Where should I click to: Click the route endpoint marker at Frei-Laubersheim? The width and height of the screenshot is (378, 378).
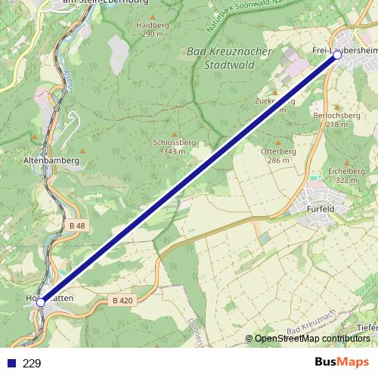coord(337,55)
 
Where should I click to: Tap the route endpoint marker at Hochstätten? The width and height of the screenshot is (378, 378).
coord(41,302)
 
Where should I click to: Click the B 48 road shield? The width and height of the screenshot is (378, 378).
coord(77,225)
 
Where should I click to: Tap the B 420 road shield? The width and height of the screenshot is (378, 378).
coord(122,300)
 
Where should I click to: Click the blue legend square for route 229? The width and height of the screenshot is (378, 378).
coord(10,363)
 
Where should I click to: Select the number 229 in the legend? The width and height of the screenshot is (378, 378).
coord(32,363)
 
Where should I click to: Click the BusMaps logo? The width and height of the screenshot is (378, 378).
coord(341,362)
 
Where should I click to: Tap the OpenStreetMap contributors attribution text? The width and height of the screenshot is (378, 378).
coord(311,339)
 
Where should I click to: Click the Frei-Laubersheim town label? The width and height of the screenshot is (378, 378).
coord(345,49)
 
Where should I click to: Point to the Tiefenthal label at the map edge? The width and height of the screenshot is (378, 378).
coord(368,327)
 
